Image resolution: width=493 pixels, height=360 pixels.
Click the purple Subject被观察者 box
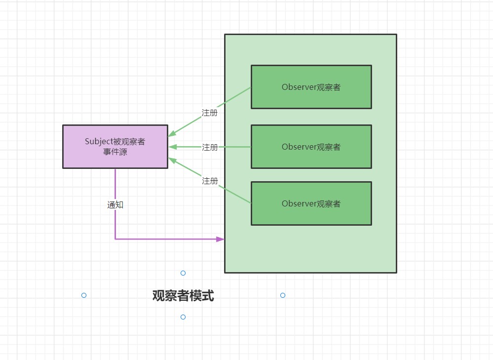click(x=115, y=147)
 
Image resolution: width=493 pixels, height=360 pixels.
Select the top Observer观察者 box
click(x=311, y=87)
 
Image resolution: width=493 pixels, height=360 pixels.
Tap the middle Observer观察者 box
click(x=311, y=147)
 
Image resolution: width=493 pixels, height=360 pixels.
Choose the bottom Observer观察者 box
click(x=311, y=203)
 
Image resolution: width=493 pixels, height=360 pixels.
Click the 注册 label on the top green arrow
click(x=210, y=113)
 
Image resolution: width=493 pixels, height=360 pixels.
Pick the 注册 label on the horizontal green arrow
click(x=210, y=147)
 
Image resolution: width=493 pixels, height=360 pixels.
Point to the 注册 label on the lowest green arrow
click(x=210, y=181)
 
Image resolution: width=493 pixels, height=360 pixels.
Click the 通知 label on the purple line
click(x=115, y=204)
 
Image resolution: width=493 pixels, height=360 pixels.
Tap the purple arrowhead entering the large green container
click(x=220, y=239)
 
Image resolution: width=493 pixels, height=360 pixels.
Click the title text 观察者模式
click(x=183, y=296)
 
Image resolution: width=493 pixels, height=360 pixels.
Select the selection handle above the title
click(x=183, y=273)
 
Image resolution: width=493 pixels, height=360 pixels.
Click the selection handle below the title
click(x=183, y=317)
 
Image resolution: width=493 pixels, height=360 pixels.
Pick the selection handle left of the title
click(x=84, y=295)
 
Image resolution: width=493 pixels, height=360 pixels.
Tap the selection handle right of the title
click(x=283, y=295)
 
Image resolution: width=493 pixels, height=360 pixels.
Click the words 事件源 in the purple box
click(x=115, y=152)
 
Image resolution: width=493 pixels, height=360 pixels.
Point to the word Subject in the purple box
click(x=99, y=142)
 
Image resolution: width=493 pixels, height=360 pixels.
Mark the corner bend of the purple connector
click(x=115, y=239)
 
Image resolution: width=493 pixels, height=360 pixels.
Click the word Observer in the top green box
click(x=299, y=87)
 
